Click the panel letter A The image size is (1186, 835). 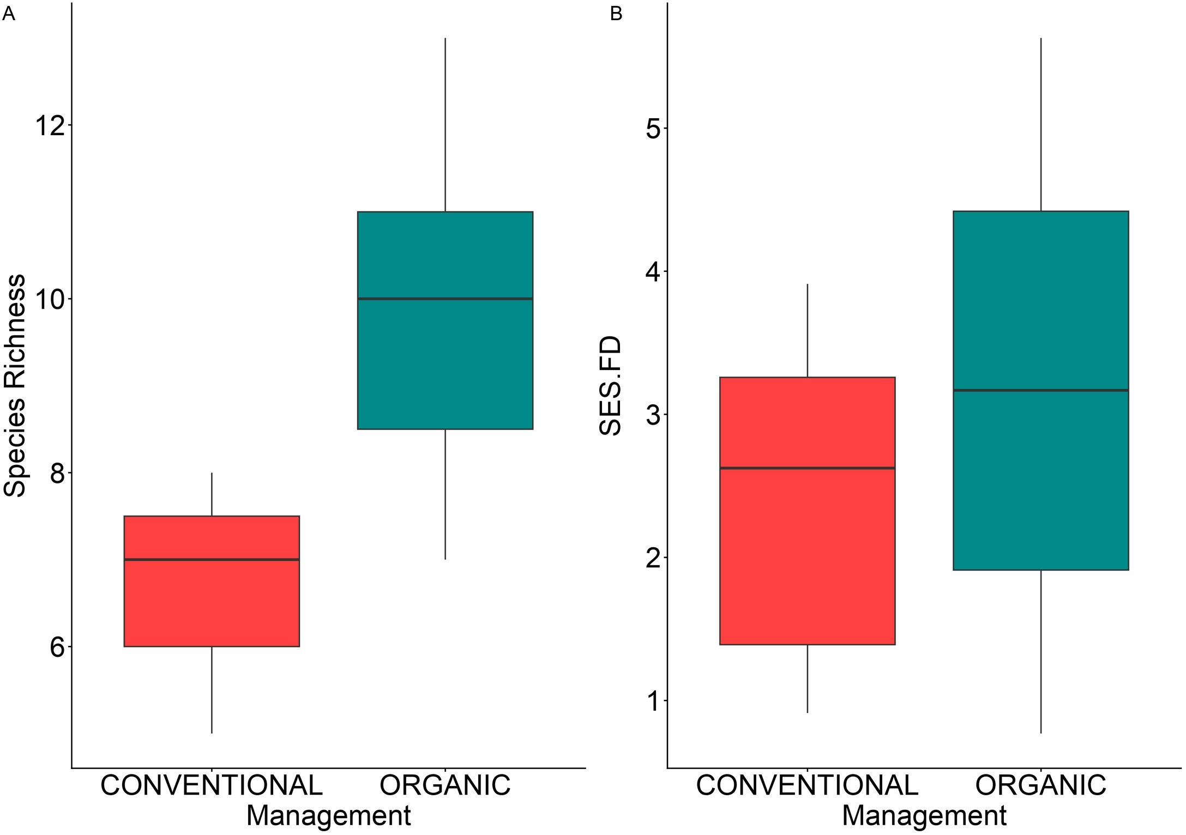click(x=9, y=14)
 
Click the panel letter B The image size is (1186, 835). click(x=616, y=14)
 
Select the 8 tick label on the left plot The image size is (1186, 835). click(x=58, y=473)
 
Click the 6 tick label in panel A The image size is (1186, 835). click(x=58, y=647)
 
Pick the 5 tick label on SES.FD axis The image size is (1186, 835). click(x=653, y=129)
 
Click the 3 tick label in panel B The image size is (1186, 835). click(x=653, y=415)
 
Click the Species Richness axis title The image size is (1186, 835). click(x=14, y=385)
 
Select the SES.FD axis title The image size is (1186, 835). click(x=610, y=386)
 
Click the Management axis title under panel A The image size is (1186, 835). click(x=328, y=816)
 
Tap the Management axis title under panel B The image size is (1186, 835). click(x=924, y=816)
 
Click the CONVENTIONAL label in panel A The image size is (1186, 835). click(x=212, y=785)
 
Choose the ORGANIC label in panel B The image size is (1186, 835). click(x=1041, y=785)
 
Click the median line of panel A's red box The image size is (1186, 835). click(x=212, y=560)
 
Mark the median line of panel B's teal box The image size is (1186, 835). click(x=1041, y=390)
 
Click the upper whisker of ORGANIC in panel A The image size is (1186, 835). click(x=445, y=125)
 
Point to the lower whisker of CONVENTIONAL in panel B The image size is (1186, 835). click(x=808, y=679)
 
